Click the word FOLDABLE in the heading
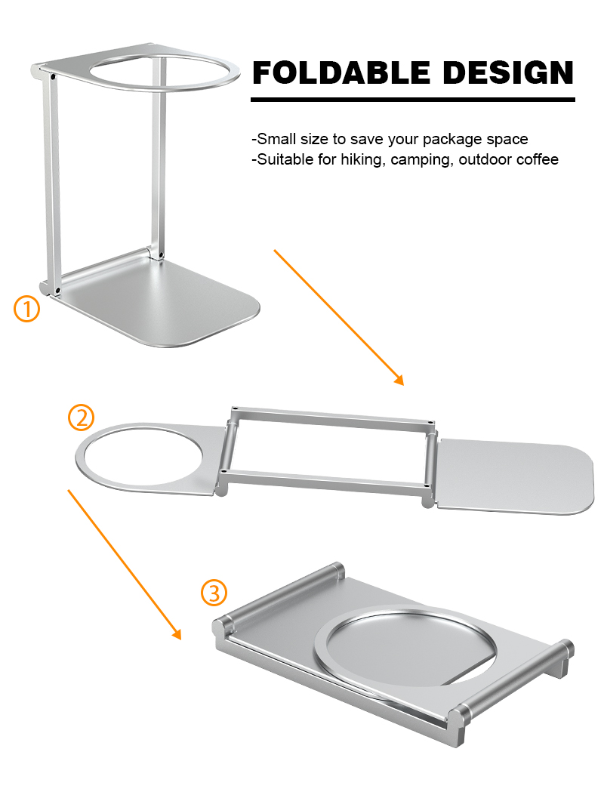coord(341,72)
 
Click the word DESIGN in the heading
coord(509,72)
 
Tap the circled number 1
coord(27,310)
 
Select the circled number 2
coord(81,418)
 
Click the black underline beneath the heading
coord(413,100)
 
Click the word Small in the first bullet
coord(276,139)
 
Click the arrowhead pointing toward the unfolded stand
coord(399,380)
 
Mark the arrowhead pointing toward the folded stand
coord(176,633)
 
